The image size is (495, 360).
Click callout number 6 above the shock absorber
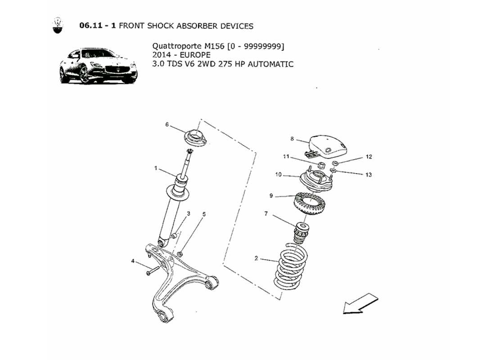tap(166, 125)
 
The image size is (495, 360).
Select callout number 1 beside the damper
tap(155, 169)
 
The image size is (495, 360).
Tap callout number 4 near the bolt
tap(134, 261)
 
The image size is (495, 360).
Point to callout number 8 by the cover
tap(292, 139)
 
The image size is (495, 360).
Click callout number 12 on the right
tap(369, 157)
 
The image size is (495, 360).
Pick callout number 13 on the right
tap(369, 175)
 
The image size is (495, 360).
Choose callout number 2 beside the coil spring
tap(256, 258)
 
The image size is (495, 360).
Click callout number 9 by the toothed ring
tap(271, 196)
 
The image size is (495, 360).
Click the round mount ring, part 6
tap(196, 136)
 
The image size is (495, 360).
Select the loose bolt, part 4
tap(153, 271)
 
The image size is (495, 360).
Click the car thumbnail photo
tap(98, 66)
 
